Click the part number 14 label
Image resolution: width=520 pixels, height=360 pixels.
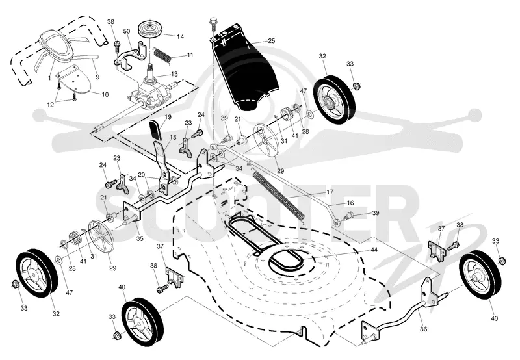[x=180, y=37]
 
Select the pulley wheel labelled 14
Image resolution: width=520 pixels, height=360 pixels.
[x=150, y=31]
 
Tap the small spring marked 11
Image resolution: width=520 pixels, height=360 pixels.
[x=163, y=55]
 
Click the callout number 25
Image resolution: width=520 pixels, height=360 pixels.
[x=272, y=41]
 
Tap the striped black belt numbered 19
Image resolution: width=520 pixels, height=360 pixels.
[x=155, y=130]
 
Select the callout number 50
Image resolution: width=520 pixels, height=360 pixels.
[x=126, y=31]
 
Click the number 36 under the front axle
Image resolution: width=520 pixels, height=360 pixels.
[x=424, y=329]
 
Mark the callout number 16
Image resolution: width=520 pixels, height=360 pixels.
[x=350, y=203]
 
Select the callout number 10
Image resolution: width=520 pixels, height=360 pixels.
[x=105, y=94]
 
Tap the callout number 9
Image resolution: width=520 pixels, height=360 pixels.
[x=97, y=77]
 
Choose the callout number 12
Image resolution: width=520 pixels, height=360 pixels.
[x=51, y=105]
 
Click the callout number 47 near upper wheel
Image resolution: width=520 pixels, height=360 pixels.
[x=304, y=91]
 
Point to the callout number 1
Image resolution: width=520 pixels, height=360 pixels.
[x=49, y=78]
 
